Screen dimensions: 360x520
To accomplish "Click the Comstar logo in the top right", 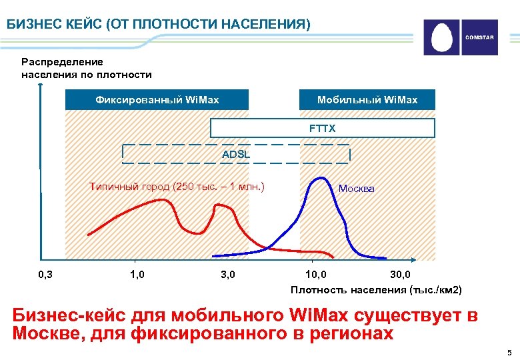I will pyautogui.click(x=461, y=37).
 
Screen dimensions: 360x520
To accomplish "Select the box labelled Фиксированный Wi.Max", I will pyautogui.click(x=157, y=100).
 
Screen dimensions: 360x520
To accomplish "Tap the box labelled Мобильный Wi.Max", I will pyautogui.click(x=367, y=100).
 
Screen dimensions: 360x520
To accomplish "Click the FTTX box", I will pyautogui.click(x=323, y=128).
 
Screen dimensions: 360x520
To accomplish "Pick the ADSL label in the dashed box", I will pyautogui.click(x=235, y=155).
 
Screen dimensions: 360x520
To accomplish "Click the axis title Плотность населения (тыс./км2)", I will pyautogui.click(x=375, y=289).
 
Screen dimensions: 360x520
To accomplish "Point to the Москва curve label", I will pyautogui.click(x=357, y=189).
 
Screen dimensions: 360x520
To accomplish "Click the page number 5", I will pyautogui.click(x=509, y=352).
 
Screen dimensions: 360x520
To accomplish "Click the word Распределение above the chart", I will pyautogui.click(x=62, y=61).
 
